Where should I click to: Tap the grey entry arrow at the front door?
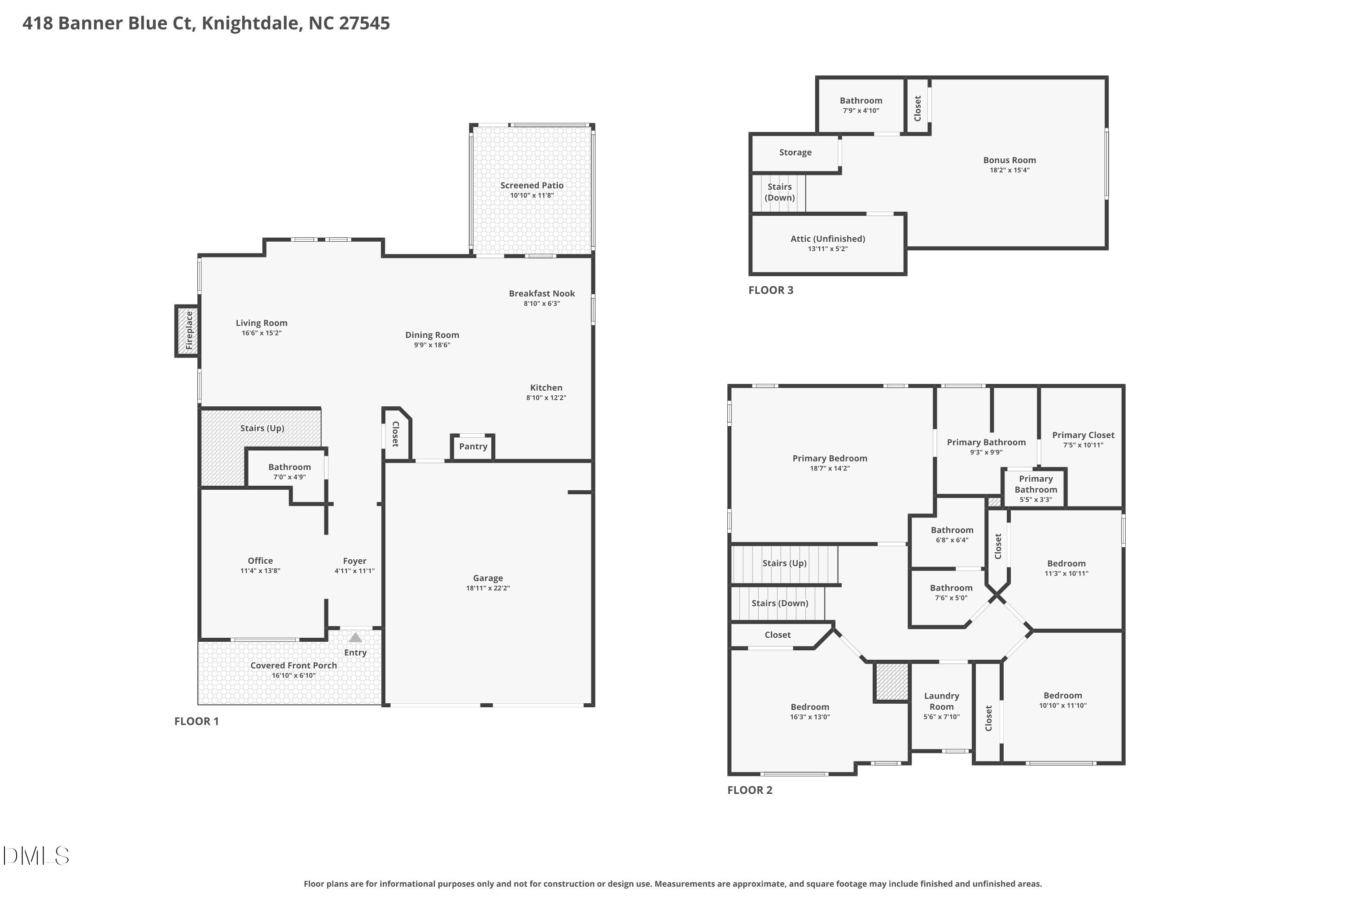355,637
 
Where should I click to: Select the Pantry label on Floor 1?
473,446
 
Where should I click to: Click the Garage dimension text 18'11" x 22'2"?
488,588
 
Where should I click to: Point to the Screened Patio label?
532,185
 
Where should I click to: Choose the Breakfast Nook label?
542,293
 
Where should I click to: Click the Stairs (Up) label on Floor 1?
262,428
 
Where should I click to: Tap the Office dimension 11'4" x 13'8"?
260,570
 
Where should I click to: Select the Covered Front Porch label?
293,665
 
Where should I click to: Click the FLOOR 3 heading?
770,290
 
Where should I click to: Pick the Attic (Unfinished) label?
827,239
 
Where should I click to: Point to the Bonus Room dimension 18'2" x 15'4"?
1009,170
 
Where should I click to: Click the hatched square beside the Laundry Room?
892,681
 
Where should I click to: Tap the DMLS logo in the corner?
35,856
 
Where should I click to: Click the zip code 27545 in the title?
364,23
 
